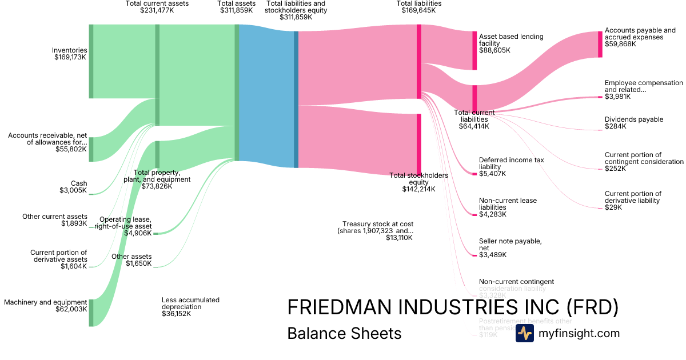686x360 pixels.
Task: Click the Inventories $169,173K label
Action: point(69,54)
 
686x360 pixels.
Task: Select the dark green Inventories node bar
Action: point(91,61)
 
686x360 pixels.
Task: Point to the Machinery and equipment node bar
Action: point(91,313)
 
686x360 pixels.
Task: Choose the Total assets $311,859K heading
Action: point(237,7)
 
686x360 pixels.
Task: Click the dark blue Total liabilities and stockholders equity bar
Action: point(296,99)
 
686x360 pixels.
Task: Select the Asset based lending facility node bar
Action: point(474,50)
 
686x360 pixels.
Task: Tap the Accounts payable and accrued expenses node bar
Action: point(600,44)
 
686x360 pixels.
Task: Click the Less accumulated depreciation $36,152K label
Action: point(190,307)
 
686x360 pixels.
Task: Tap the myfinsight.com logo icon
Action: point(524,333)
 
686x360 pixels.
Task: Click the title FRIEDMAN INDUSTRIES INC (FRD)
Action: point(453,307)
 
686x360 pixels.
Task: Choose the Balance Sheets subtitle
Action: point(344,333)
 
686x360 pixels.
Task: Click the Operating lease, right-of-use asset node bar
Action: point(155,233)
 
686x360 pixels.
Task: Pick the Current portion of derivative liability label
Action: point(633,201)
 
